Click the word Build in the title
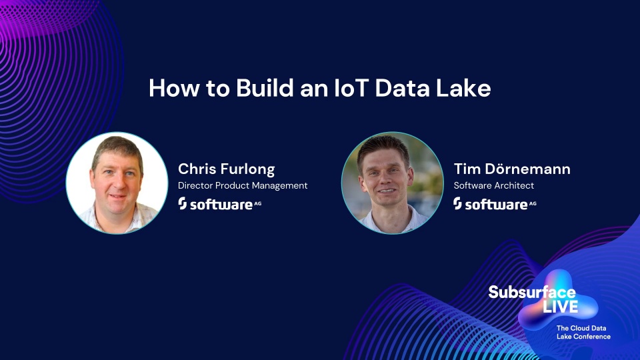tap(265, 88)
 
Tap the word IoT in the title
tap(351, 88)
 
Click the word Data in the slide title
tap(402, 88)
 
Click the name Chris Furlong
tap(226, 169)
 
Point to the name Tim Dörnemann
tap(512, 169)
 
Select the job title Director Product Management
tap(243, 186)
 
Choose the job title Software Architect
tap(494, 185)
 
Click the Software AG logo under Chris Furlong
tap(219, 204)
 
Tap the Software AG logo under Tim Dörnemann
tap(495, 204)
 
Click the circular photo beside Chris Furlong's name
tap(117, 183)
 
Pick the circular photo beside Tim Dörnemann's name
tap(392, 183)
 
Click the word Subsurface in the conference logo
tap(532, 292)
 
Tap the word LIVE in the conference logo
tap(560, 307)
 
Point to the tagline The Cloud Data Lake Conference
tap(583, 332)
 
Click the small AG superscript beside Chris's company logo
tap(257, 203)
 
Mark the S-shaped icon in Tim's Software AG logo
tap(457, 203)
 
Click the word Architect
tap(514, 185)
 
